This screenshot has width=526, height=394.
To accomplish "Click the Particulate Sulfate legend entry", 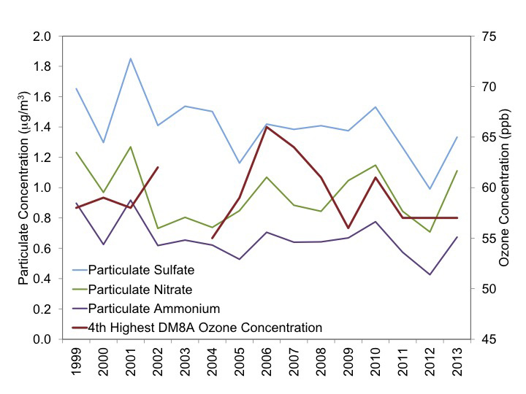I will tap(136, 270).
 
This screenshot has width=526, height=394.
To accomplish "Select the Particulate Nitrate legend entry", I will tap(135, 289).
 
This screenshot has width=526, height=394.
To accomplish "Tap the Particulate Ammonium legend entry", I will tap(143, 308).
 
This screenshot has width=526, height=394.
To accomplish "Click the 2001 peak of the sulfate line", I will tap(131, 58).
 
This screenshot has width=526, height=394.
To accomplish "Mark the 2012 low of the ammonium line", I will tap(430, 274).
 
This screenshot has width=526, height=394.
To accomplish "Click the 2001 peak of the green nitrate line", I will tap(131, 147).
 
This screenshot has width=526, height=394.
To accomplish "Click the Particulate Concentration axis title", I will tap(17, 188).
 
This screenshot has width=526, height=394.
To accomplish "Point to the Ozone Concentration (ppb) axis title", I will tap(511, 188).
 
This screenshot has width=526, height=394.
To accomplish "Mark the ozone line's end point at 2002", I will tap(158, 167).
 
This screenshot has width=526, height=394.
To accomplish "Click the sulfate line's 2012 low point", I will tap(430, 189).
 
